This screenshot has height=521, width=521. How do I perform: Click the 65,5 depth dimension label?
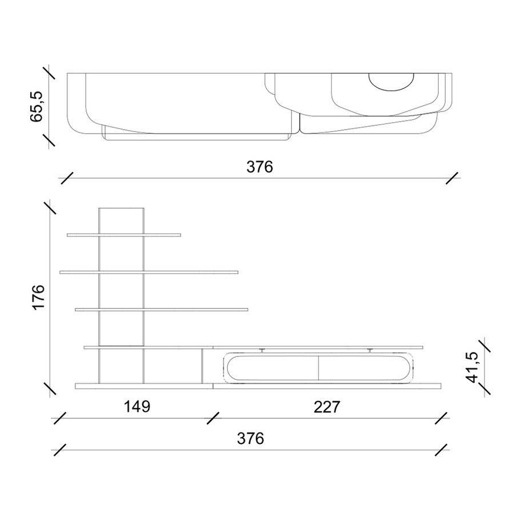click(37, 106)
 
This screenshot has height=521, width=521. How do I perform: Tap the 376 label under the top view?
click(260, 167)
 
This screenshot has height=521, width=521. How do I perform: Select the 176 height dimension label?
click(38, 297)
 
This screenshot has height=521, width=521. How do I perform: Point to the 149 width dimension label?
click(137, 407)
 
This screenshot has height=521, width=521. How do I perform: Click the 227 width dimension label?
click(327, 407)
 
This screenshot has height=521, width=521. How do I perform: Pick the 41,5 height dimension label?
click(472, 367)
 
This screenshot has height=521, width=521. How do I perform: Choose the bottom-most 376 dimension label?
click(251, 438)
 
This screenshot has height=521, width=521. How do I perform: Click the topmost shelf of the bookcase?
click(123, 234)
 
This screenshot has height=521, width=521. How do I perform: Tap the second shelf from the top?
click(149, 272)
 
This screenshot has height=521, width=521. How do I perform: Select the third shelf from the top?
click(161, 310)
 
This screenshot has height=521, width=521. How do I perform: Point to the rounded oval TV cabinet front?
click(318, 367)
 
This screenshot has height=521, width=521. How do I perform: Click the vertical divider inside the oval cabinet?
click(318, 367)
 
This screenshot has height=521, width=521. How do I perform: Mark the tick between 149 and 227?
click(213, 419)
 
